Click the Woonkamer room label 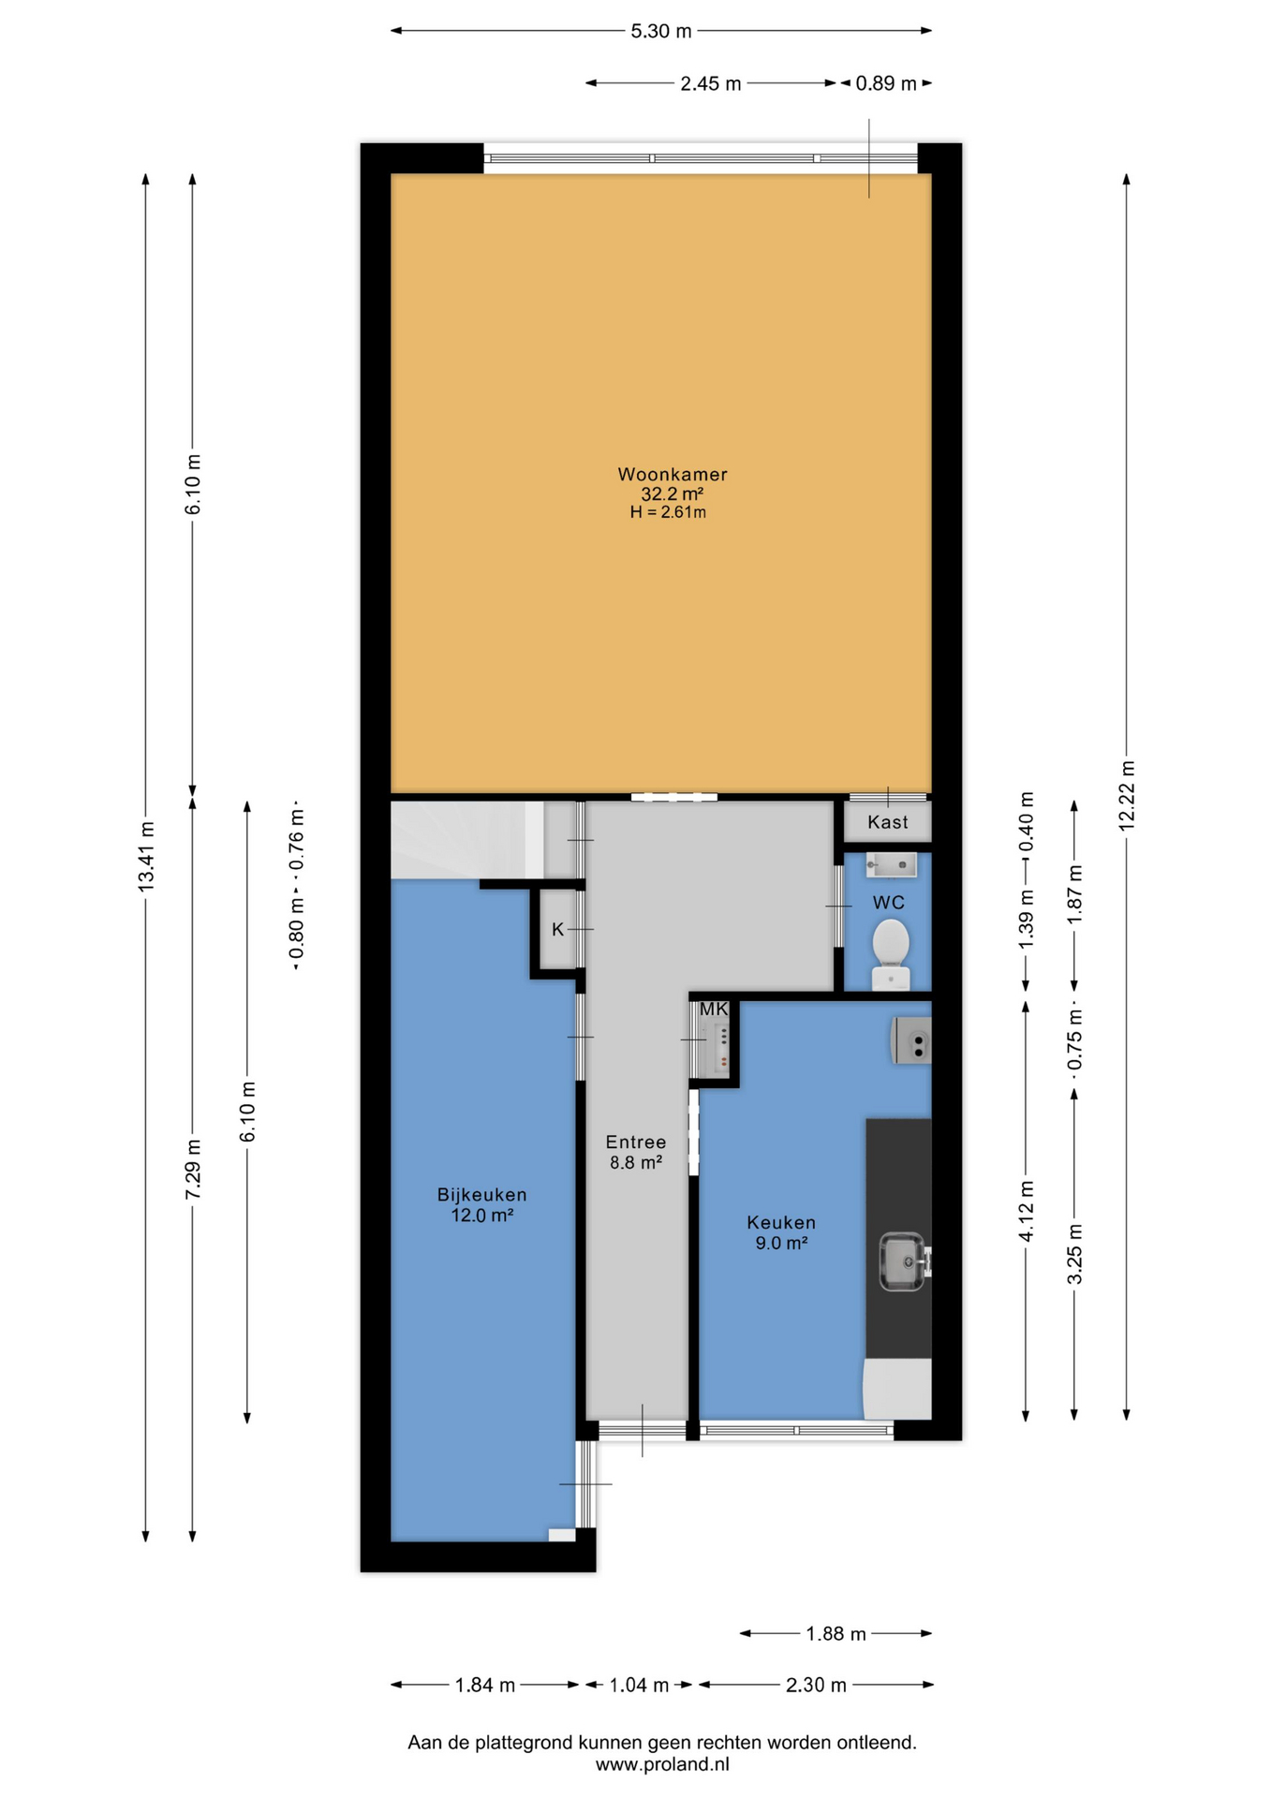(x=672, y=474)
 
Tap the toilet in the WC (x=891, y=953)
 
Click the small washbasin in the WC (x=891, y=864)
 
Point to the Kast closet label (x=887, y=822)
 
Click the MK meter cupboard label (x=714, y=1010)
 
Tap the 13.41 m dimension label (x=146, y=856)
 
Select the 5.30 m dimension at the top (x=661, y=31)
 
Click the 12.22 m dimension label (x=1127, y=795)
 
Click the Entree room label (x=636, y=1142)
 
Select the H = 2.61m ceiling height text (x=668, y=512)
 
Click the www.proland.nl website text (x=662, y=1764)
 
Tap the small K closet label (x=558, y=929)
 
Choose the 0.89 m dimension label (x=886, y=83)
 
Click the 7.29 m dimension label (x=193, y=1170)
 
